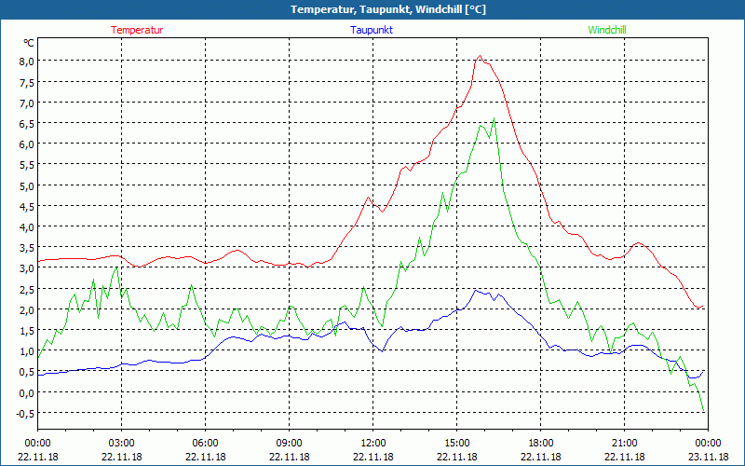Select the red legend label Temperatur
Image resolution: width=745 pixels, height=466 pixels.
137,30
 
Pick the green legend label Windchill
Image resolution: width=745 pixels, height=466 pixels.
607,30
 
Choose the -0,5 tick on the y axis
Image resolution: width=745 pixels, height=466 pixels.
23,413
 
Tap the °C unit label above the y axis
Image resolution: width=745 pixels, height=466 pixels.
29,43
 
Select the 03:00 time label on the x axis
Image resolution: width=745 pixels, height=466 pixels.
122,443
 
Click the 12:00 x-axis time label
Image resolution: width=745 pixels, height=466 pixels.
373,443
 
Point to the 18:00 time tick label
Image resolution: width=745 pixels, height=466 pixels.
541,443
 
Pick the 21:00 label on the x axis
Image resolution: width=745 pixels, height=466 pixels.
625,443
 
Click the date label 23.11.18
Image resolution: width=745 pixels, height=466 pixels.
708,457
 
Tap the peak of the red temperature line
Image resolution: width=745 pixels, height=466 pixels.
480,56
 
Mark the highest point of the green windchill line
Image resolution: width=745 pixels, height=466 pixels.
494,118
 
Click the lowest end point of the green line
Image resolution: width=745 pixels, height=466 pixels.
704,412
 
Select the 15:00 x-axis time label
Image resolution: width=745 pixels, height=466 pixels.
457,443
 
